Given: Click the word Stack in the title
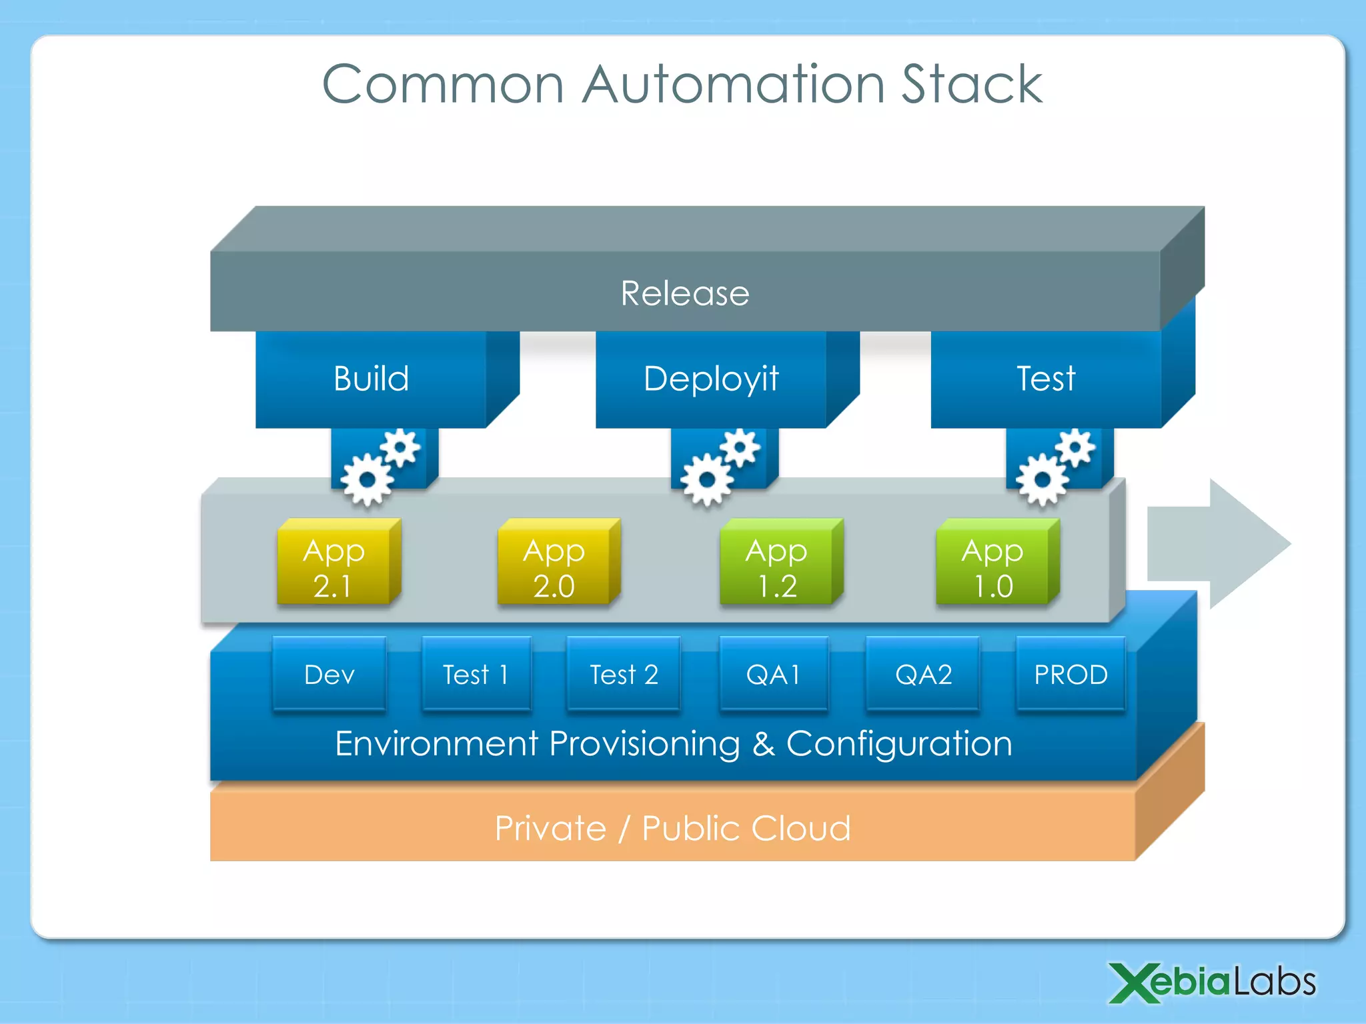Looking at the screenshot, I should point(971,85).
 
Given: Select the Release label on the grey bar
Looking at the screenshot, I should point(685,293).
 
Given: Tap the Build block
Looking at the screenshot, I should point(371,379).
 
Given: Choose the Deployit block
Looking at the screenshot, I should point(711,379).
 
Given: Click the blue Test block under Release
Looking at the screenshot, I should point(1045,379).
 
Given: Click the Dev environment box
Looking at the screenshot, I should point(329,675).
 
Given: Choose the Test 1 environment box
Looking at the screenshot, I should point(476,675).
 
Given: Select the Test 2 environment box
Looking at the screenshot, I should point(624,675).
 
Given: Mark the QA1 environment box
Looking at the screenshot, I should point(774,675).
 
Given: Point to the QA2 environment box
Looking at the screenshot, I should point(923,675).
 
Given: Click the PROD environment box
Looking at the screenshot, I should point(1071,675).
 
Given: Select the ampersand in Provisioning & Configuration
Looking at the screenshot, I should point(764,744).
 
